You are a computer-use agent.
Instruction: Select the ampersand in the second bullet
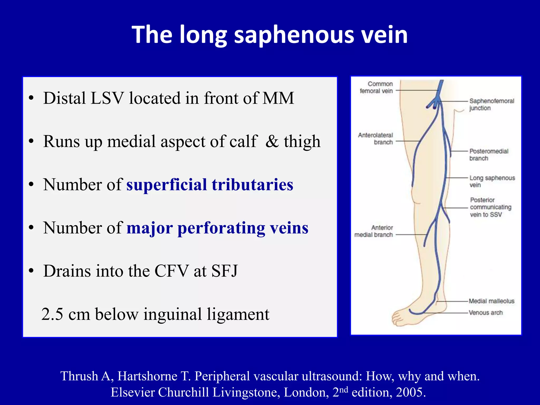(272, 141)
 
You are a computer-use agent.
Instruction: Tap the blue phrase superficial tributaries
(210, 184)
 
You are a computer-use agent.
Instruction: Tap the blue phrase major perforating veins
(217, 228)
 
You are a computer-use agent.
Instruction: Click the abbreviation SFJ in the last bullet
(225, 271)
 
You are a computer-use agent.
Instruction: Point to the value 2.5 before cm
(52, 314)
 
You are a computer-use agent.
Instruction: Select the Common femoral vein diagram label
(377, 87)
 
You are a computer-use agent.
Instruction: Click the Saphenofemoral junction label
(491, 104)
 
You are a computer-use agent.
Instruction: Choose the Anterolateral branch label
(375, 139)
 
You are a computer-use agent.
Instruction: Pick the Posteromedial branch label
(489, 155)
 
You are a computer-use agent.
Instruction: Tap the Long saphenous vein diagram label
(492, 181)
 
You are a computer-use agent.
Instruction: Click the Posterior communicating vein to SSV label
(490, 207)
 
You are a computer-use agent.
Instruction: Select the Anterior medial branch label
(374, 231)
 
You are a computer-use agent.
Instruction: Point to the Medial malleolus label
(491, 301)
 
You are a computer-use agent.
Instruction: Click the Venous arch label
(486, 312)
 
